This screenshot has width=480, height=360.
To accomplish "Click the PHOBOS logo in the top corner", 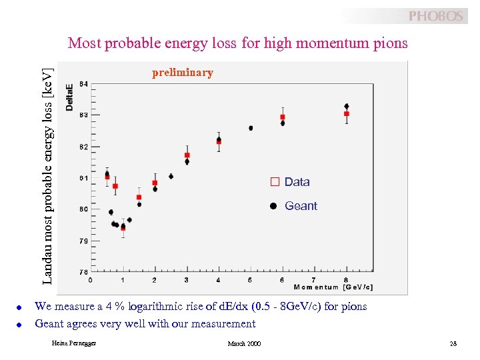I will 435,16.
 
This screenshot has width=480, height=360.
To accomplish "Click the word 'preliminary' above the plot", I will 182,73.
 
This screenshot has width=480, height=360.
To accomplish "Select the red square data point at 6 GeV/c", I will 283,117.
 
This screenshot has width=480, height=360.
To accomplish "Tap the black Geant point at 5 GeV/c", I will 251,128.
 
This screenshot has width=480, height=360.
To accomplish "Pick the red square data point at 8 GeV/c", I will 346,114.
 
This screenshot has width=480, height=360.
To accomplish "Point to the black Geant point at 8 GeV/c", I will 346,106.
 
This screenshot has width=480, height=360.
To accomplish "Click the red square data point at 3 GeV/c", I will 187,155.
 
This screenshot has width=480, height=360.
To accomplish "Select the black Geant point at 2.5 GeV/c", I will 171,177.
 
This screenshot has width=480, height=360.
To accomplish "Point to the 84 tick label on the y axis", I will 83,84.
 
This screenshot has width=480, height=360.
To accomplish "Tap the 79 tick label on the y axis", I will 83,241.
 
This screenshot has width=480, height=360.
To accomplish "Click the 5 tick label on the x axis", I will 250,280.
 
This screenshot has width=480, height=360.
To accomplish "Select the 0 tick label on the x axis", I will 91,280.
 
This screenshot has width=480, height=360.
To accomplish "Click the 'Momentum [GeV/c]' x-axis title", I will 333,287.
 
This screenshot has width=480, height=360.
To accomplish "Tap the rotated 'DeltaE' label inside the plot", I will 70,97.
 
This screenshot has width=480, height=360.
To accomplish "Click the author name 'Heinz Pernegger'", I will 73,343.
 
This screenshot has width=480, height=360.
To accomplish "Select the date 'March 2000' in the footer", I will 244,343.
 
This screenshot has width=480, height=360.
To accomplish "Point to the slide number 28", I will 453,343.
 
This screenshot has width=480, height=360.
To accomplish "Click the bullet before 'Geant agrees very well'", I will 20,325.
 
